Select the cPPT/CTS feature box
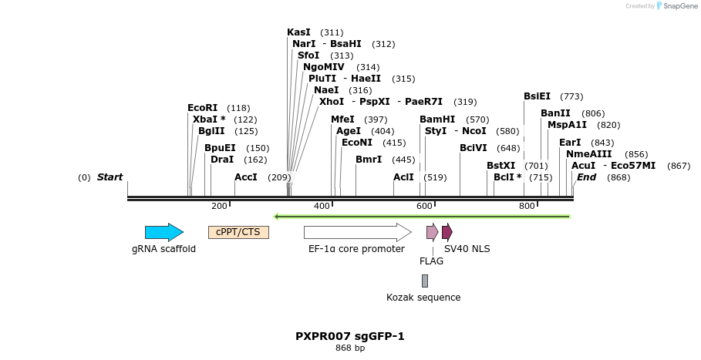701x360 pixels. click(238, 232)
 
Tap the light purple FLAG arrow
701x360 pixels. click(432, 232)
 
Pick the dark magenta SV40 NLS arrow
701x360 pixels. click(447, 232)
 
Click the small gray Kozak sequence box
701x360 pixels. click(424, 281)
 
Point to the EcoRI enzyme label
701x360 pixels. click(202, 108)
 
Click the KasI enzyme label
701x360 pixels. click(298, 32)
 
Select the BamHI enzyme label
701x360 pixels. click(437, 119)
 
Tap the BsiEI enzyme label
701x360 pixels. click(537, 96)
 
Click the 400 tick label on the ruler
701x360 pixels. click(322, 207)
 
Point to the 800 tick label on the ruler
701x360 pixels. click(527, 207)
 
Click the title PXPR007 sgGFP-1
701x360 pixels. click(349, 336)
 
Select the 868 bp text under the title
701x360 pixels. click(350, 348)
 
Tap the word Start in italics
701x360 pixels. click(110, 177)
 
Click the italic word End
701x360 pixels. click(586, 177)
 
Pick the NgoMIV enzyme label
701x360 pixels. click(323, 67)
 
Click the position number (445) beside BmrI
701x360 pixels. click(403, 160)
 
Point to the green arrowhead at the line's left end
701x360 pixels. click(278, 217)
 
